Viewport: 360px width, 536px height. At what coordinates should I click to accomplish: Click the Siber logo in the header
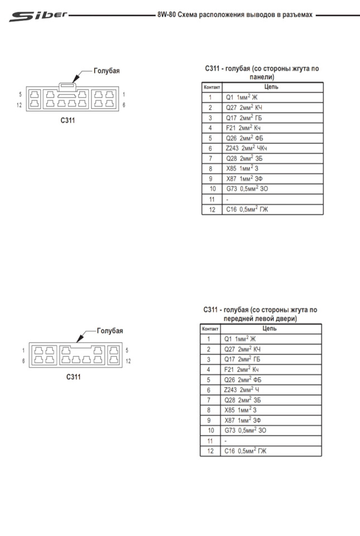(x=39, y=16)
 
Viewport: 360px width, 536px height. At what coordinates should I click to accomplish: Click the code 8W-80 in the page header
(x=166, y=15)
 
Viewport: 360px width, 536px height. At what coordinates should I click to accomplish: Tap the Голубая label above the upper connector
(x=107, y=71)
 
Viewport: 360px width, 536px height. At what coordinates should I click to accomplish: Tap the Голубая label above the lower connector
(x=109, y=331)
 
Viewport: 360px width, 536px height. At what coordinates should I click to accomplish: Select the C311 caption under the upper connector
(x=68, y=121)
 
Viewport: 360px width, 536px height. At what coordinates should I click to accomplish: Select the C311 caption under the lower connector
(x=74, y=377)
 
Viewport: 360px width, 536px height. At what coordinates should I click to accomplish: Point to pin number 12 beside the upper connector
(x=19, y=105)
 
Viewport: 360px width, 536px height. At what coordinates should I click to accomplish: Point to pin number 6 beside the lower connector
(x=23, y=361)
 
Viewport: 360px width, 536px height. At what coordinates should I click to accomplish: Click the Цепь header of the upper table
(x=271, y=87)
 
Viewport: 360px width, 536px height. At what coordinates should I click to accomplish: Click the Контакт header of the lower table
(x=210, y=329)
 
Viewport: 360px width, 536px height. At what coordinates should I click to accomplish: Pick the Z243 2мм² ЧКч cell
(x=246, y=149)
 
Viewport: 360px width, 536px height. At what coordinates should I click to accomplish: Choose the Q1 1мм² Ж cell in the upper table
(x=242, y=97)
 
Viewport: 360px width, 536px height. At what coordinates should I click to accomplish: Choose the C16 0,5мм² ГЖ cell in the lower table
(x=245, y=451)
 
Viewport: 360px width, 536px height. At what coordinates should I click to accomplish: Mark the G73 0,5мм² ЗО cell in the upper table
(x=247, y=189)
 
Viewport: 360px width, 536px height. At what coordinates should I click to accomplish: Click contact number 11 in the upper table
(x=212, y=199)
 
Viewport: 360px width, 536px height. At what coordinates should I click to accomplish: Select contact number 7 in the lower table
(x=209, y=400)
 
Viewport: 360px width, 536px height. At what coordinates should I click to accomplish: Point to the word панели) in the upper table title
(x=262, y=77)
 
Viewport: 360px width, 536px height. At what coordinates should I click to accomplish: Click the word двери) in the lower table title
(x=285, y=319)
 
